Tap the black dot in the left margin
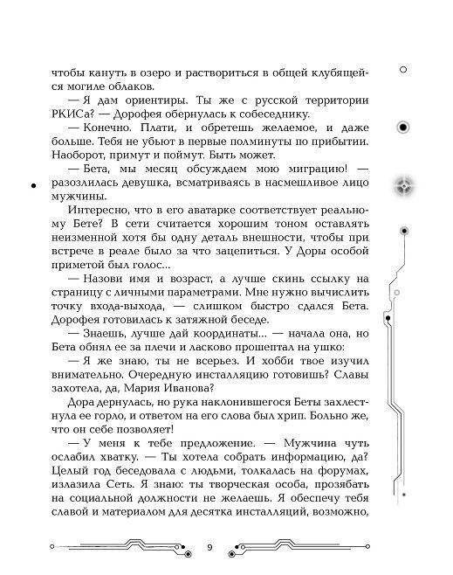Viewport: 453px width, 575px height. click(32, 187)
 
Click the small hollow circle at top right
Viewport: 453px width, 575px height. click(403, 70)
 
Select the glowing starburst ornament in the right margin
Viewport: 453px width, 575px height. click(404, 183)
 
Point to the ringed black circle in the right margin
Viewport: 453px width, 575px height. click(403, 128)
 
